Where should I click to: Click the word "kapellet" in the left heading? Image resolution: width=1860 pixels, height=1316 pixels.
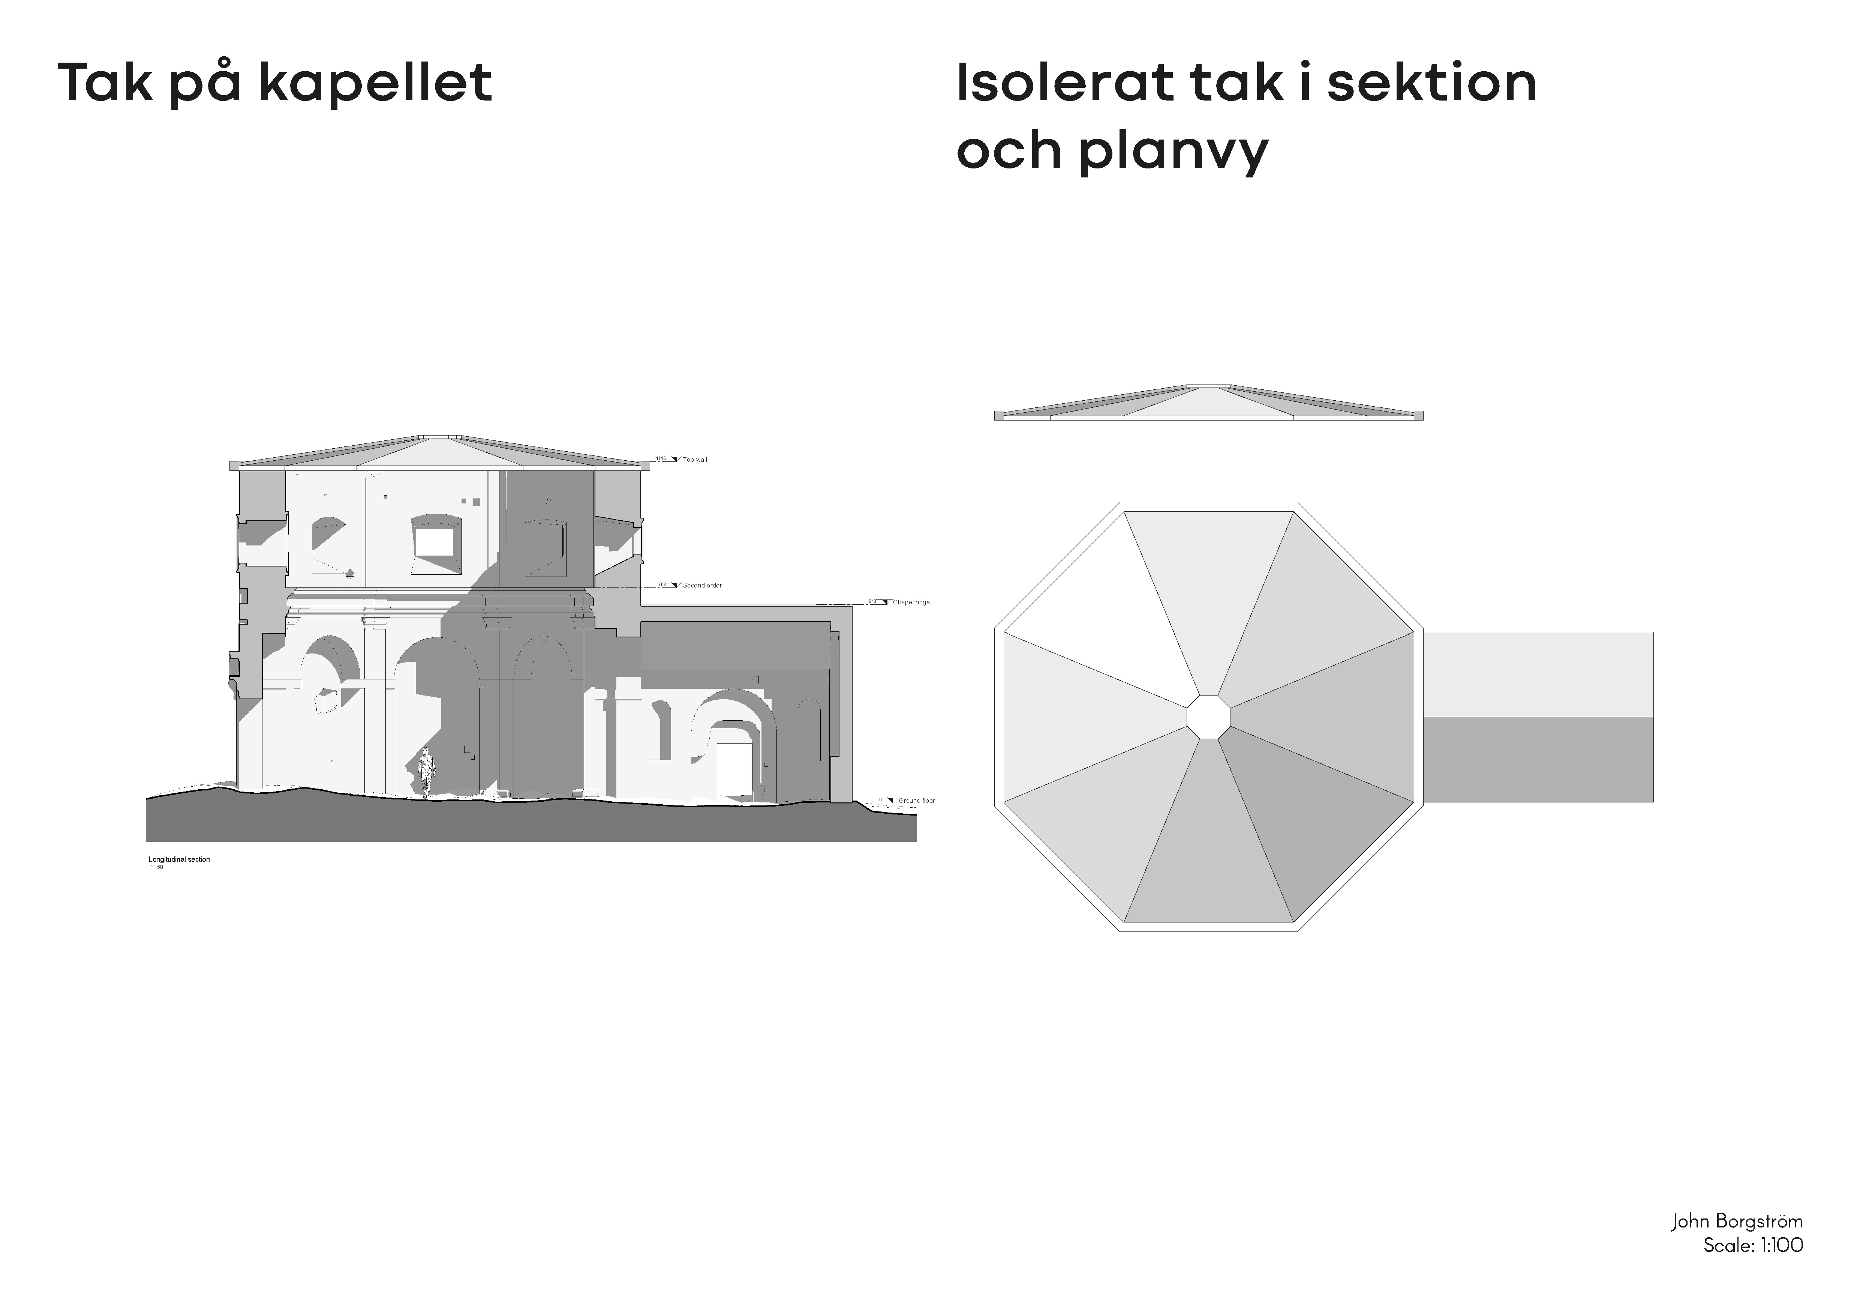pyautogui.click(x=376, y=83)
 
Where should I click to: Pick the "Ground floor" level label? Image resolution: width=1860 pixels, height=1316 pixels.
pyautogui.click(x=916, y=801)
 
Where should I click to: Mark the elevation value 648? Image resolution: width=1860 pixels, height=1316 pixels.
pyautogui.click(x=872, y=601)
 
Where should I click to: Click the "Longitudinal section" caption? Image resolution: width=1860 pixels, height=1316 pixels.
pyautogui.click(x=179, y=859)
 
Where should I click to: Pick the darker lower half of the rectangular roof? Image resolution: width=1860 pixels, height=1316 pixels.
pyautogui.click(x=1538, y=759)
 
